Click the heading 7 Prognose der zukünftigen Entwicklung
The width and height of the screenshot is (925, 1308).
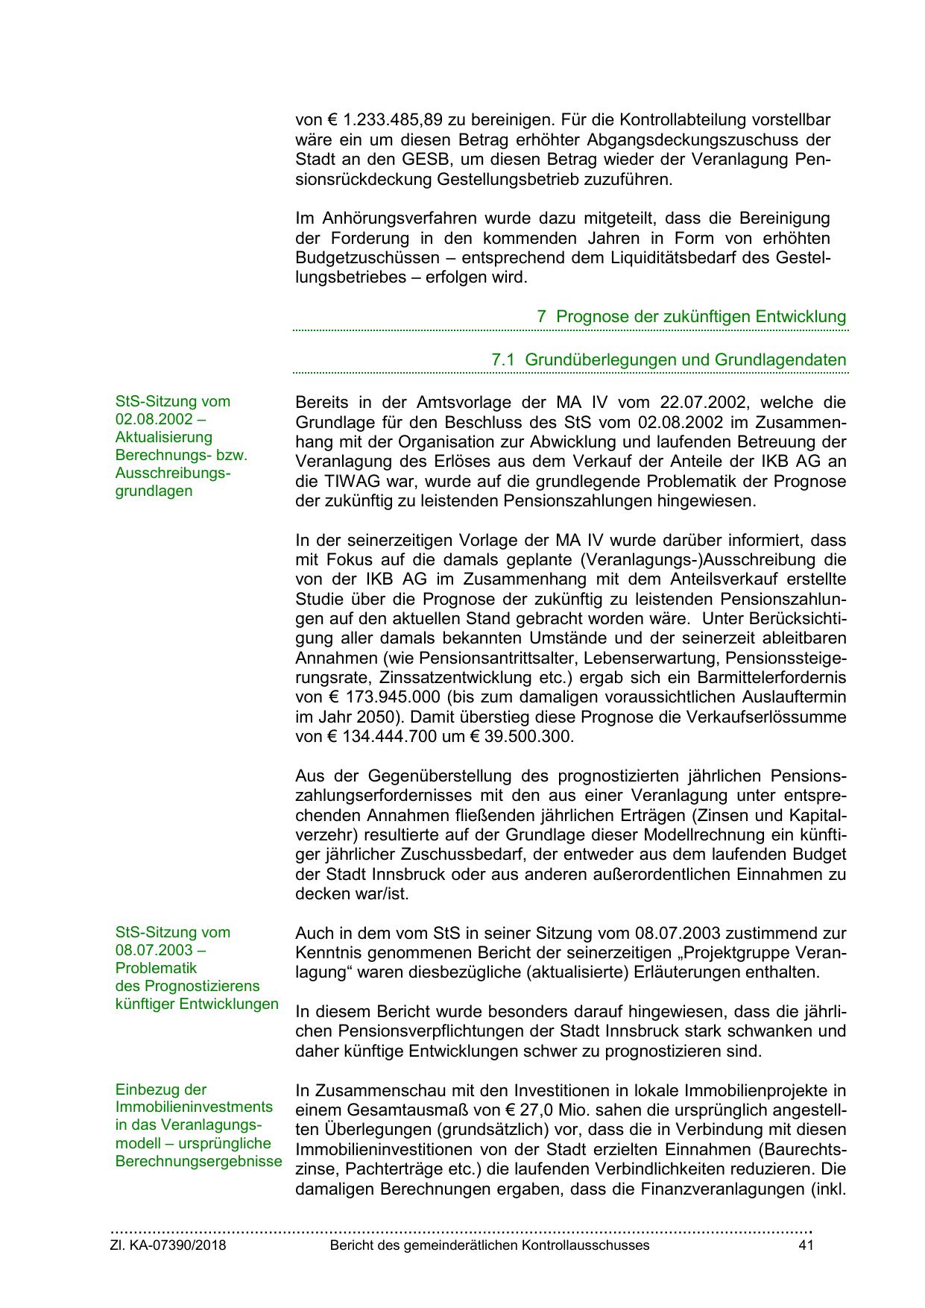(x=691, y=316)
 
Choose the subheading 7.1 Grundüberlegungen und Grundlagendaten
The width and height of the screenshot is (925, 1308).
(x=669, y=359)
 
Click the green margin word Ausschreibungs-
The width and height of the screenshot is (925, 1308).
(x=173, y=473)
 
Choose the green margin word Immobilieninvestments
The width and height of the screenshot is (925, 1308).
(x=194, y=1107)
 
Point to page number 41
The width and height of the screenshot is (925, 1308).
(x=805, y=1245)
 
